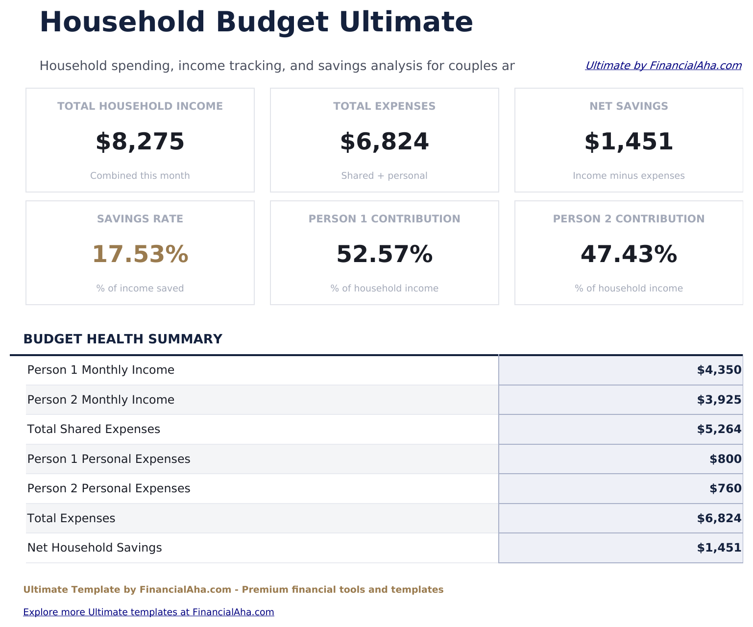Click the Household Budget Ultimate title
point(256,23)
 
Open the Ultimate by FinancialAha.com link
point(663,66)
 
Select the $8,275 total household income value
point(140,142)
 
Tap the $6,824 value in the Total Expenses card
point(384,142)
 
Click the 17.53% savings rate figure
point(140,254)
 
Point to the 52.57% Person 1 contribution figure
point(384,254)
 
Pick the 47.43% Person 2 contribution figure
point(629,254)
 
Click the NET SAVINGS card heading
point(629,106)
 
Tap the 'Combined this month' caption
point(140,176)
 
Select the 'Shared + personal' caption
point(384,176)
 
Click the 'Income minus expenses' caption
point(629,176)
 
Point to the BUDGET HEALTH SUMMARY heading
point(123,339)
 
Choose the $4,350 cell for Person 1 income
point(719,370)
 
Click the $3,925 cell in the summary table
point(719,400)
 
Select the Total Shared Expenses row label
point(94,430)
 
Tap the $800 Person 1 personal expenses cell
point(725,459)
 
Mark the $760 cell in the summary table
point(725,489)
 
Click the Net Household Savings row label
point(95,548)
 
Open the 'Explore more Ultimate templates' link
point(148,612)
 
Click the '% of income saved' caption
point(140,289)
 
